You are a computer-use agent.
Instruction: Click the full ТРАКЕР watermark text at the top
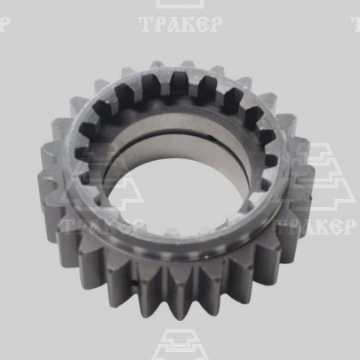(x=180, y=24)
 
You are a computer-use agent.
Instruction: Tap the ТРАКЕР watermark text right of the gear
(x=316, y=227)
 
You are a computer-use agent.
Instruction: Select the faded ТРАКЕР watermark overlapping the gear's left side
(x=100, y=228)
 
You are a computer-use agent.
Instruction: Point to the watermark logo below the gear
(x=180, y=345)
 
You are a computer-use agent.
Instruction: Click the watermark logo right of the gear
(x=317, y=177)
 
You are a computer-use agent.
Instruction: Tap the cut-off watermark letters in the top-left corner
(x=5, y=24)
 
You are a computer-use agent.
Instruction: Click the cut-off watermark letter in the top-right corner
(x=356, y=24)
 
